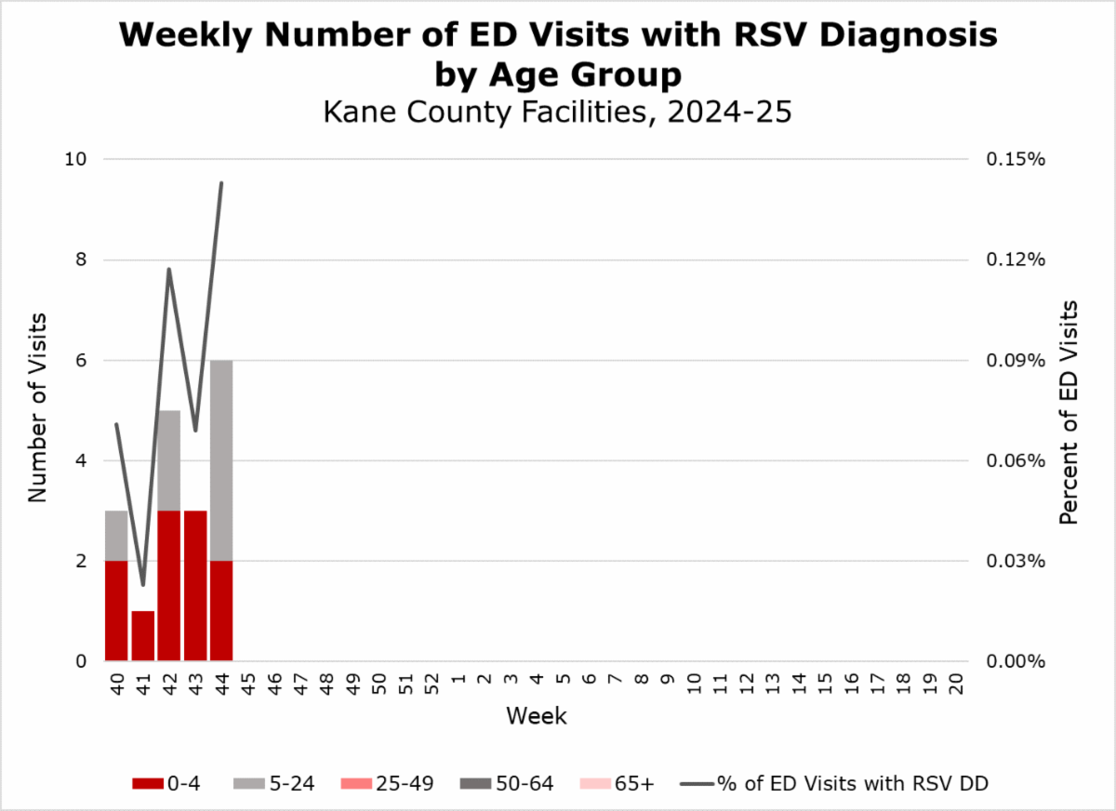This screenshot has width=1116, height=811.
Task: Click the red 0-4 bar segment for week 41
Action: pyautogui.click(x=142, y=636)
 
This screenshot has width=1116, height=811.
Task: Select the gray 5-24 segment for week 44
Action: pyautogui.click(x=221, y=460)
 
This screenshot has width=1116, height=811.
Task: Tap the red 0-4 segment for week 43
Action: pyautogui.click(x=195, y=586)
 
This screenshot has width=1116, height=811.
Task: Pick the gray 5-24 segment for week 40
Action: pyautogui.click(x=116, y=536)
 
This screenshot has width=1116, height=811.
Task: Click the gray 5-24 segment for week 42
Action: pyautogui.click(x=169, y=460)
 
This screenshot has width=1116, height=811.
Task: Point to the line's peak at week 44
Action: pyautogui.click(x=221, y=183)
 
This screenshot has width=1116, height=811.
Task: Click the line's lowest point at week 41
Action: pyautogui.click(x=142, y=585)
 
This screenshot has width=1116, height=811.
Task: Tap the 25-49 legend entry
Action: pyautogui.click(x=390, y=783)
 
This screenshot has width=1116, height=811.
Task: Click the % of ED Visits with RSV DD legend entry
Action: pyautogui.click(x=837, y=783)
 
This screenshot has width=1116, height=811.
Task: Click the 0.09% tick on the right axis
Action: pyautogui.click(x=1015, y=360)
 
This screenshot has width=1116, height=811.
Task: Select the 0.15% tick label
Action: pyautogui.click(x=1015, y=159)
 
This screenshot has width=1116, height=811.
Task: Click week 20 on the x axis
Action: pyautogui.click(x=956, y=685)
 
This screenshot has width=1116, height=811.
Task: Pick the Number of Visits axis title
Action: pyautogui.click(x=37, y=409)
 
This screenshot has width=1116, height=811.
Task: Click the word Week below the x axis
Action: pyautogui.click(x=537, y=716)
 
